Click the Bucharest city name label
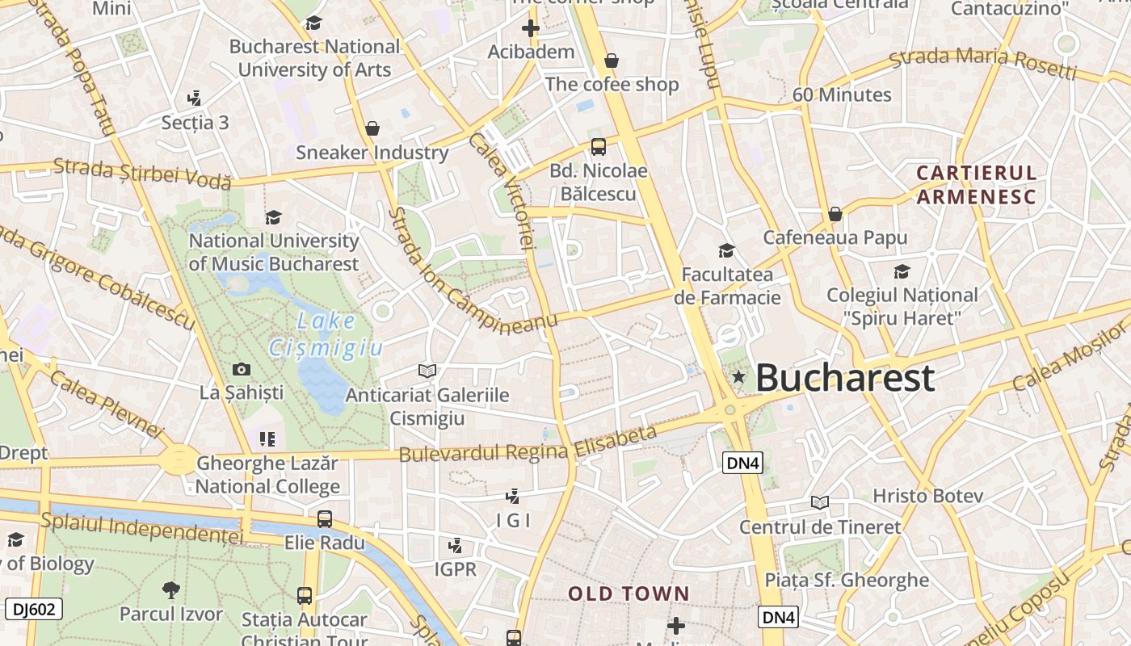[845, 378]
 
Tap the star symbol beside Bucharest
[738, 377]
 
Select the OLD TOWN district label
[629, 594]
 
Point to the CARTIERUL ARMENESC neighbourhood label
[976, 184]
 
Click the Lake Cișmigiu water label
[325, 333]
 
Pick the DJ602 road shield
[34, 609]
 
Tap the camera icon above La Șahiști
[241, 370]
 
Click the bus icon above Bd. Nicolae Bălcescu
[598, 147]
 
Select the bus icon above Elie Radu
[324, 519]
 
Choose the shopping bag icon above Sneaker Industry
[372, 128]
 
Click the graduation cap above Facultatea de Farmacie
[726, 251]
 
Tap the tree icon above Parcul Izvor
[170, 590]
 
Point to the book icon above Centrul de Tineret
[820, 503]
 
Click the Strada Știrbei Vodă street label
[142, 173]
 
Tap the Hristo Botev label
[927, 495]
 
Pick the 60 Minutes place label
[842, 94]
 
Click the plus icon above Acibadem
[531, 29]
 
